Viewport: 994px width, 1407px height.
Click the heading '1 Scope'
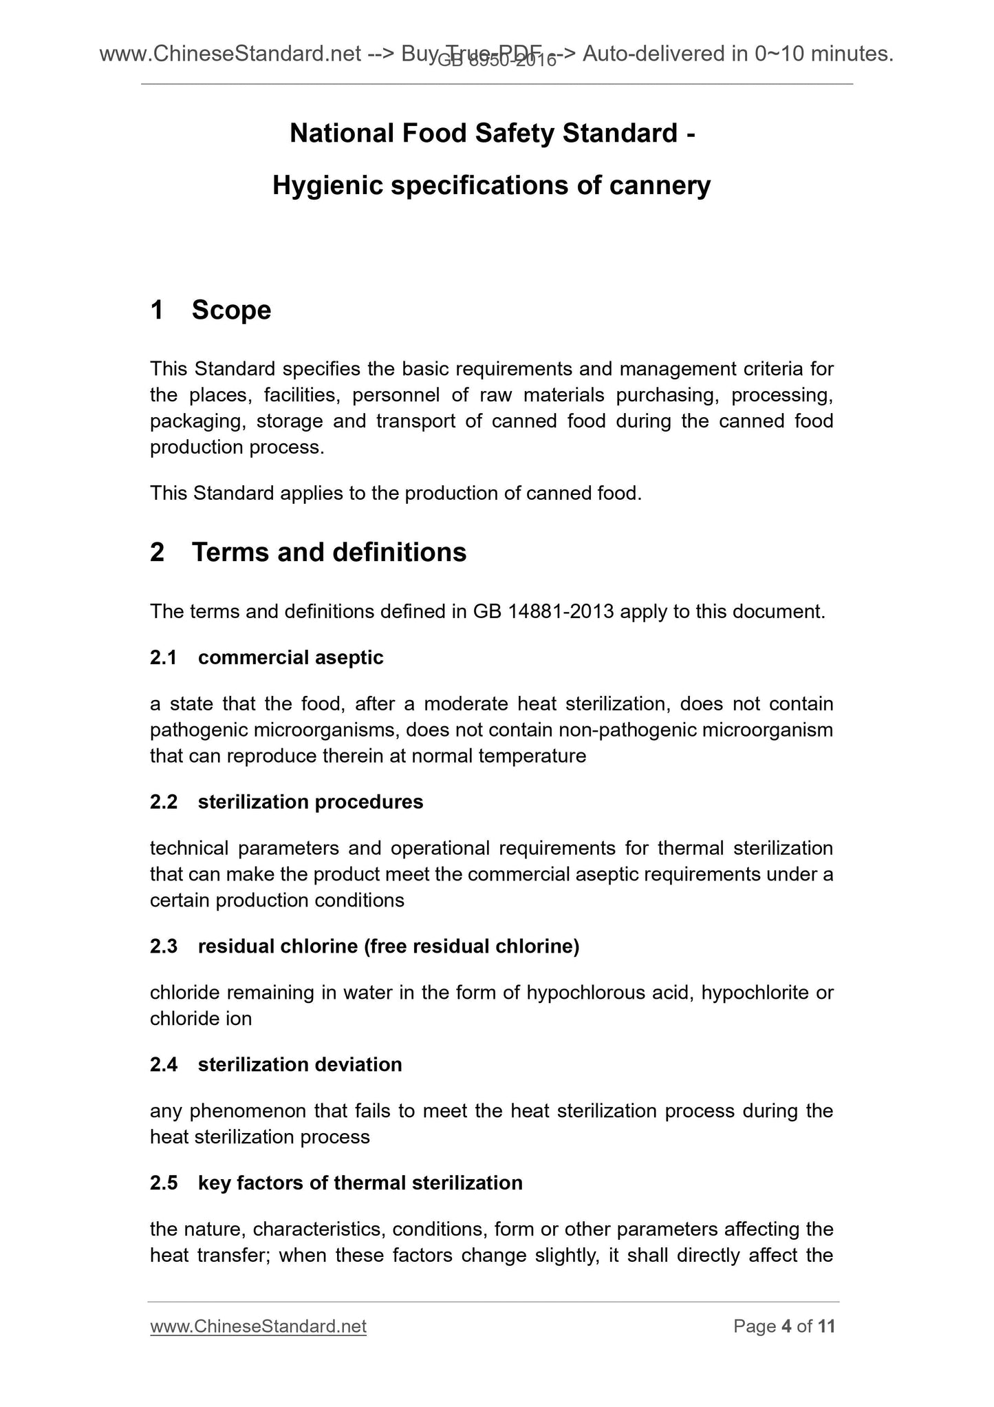210,310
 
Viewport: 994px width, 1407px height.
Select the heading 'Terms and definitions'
329,553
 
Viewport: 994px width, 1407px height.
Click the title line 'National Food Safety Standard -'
492,134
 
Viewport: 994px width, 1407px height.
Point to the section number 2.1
164,658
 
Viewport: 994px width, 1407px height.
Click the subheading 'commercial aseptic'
290,658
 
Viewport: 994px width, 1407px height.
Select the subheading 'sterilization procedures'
310,802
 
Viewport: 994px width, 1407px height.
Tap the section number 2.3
164,946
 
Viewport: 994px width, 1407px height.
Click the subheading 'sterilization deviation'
300,1065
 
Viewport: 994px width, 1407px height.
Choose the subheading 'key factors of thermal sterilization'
360,1183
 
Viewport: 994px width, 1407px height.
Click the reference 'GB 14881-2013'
543,612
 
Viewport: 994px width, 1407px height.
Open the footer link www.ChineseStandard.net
258,1326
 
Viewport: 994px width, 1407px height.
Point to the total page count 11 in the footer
826,1326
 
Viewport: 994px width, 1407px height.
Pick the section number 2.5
164,1183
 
